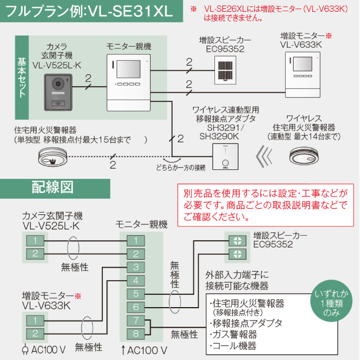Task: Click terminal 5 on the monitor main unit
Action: [135, 294]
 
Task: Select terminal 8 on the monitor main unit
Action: [135, 334]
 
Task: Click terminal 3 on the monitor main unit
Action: [135, 267]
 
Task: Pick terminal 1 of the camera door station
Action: [35, 240]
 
